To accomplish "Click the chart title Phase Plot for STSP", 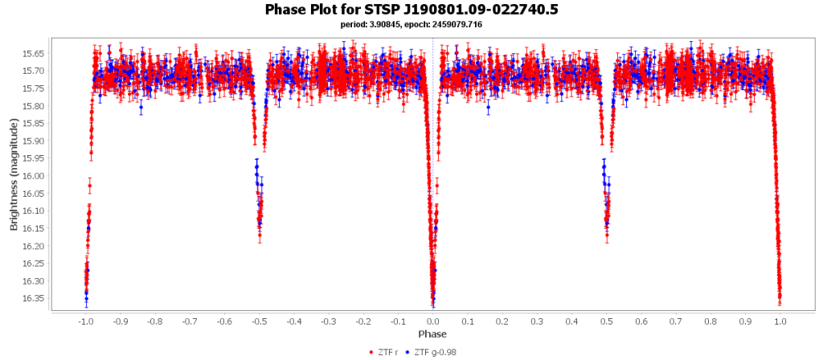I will [411, 10].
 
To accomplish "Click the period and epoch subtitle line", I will [411, 25].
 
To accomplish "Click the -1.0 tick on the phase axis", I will [85, 321].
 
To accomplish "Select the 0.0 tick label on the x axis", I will [433, 321].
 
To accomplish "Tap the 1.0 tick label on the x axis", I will [780, 321].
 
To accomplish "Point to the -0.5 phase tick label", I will [259, 321].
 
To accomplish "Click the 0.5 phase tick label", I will [607, 321].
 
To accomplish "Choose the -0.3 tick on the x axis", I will [329, 321].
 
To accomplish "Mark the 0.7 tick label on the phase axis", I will [676, 321].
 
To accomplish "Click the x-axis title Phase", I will [432, 333].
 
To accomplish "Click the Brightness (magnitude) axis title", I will [14, 174].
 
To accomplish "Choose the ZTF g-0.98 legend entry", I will [433, 352].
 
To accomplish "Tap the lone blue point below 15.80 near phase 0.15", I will [488, 107].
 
